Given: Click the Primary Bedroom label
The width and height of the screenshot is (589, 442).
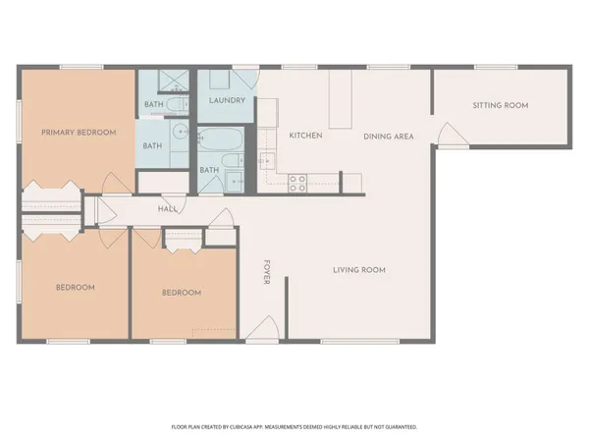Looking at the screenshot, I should point(78,132).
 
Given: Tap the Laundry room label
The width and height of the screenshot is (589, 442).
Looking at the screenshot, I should point(228,100).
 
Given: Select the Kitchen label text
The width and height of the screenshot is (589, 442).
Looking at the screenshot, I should point(305,135).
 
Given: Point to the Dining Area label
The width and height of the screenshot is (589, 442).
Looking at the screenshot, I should point(386,136).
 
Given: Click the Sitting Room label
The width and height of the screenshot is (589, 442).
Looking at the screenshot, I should point(500,104).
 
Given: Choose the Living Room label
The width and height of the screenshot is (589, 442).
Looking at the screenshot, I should point(357,269).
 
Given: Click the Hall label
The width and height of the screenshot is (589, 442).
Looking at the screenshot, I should point(167,208).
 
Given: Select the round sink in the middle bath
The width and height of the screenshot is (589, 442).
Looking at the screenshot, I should point(180,133).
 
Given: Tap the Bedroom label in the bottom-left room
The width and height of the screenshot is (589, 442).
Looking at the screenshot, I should point(75,287).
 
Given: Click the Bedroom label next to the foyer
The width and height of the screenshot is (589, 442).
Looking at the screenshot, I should point(181,293).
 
